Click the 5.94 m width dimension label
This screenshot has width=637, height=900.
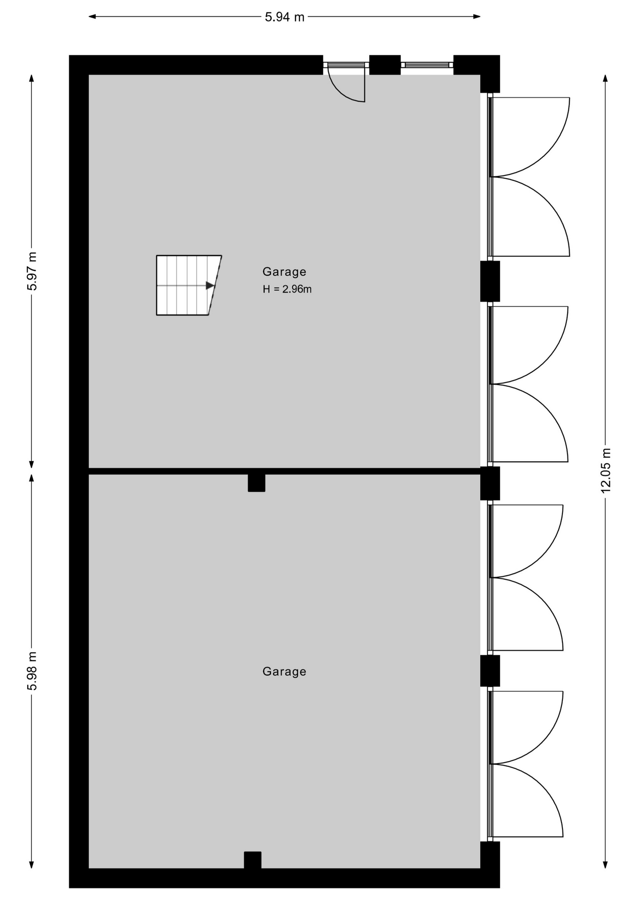(284, 17)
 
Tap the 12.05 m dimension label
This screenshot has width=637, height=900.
(606, 470)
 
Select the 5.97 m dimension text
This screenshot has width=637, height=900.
(32, 271)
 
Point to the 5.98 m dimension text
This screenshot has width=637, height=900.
(32, 671)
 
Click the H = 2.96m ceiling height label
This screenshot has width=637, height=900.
(287, 289)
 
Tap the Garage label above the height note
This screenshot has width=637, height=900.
(284, 272)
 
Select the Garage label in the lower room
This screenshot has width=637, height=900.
(284, 672)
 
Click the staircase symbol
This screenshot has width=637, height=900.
(189, 285)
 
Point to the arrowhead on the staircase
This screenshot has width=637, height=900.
(210, 285)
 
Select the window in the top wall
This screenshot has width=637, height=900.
(427, 65)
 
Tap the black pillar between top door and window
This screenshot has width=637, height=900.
(385, 65)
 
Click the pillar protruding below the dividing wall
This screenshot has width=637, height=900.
(257, 483)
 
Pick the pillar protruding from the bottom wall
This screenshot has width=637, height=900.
(252, 860)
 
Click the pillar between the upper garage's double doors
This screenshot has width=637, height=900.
(490, 281)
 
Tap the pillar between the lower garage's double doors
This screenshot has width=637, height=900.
(490, 671)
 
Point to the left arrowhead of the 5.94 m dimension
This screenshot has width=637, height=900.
(92, 17)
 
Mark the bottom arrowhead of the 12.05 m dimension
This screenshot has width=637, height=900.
(606, 864)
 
